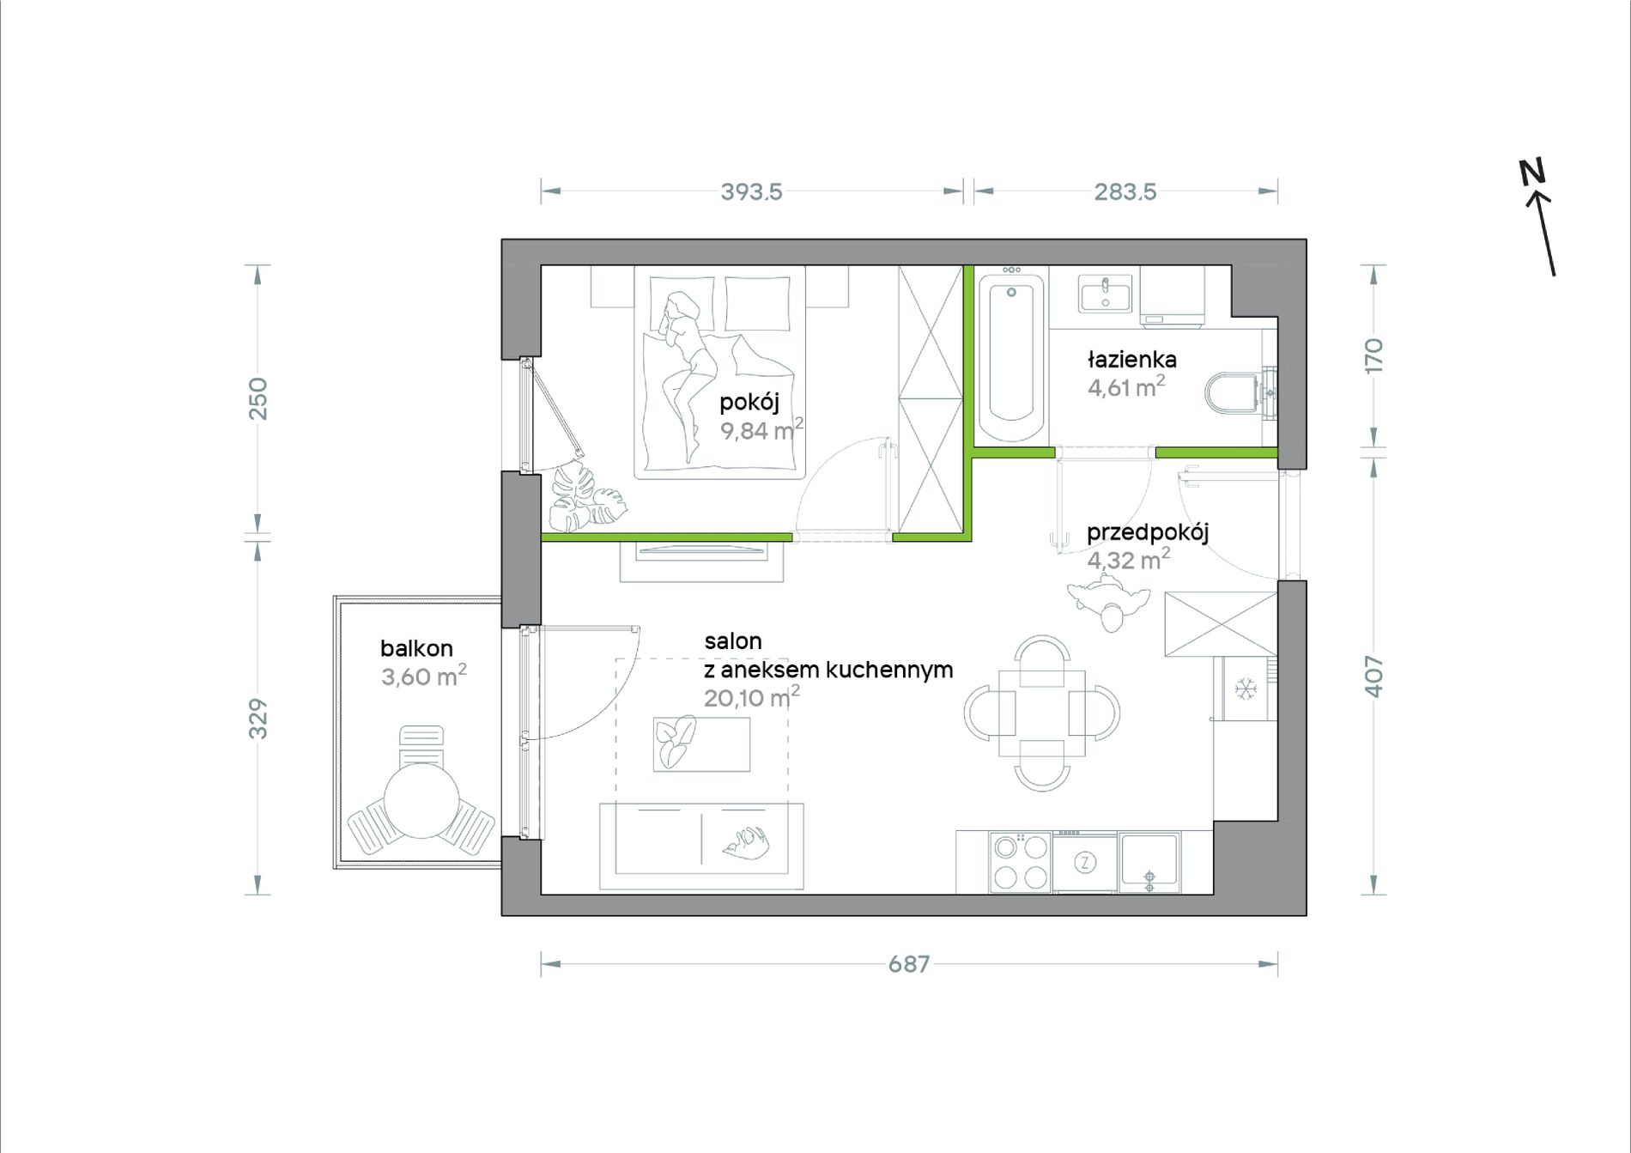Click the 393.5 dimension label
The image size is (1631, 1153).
pos(751,191)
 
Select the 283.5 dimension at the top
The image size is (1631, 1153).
pos(1125,191)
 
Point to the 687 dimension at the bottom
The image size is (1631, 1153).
pos(909,964)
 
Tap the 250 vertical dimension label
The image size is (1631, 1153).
pos(258,398)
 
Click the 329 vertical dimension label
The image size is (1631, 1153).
pos(258,719)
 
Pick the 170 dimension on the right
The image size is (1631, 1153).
pos(1373,355)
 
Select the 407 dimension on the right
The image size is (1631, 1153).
pos(1373,677)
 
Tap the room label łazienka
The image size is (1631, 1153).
pos(1131,359)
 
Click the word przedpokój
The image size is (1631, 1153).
pos(1148,533)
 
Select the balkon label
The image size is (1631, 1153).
pos(416,648)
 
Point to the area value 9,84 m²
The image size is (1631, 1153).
pos(761,428)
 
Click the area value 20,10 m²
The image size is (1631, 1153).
pos(751,696)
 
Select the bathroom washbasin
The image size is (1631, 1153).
pos(1106,293)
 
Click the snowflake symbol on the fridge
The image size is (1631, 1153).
pos(1244,688)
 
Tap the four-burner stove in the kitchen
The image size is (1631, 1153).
pos(1020,862)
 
